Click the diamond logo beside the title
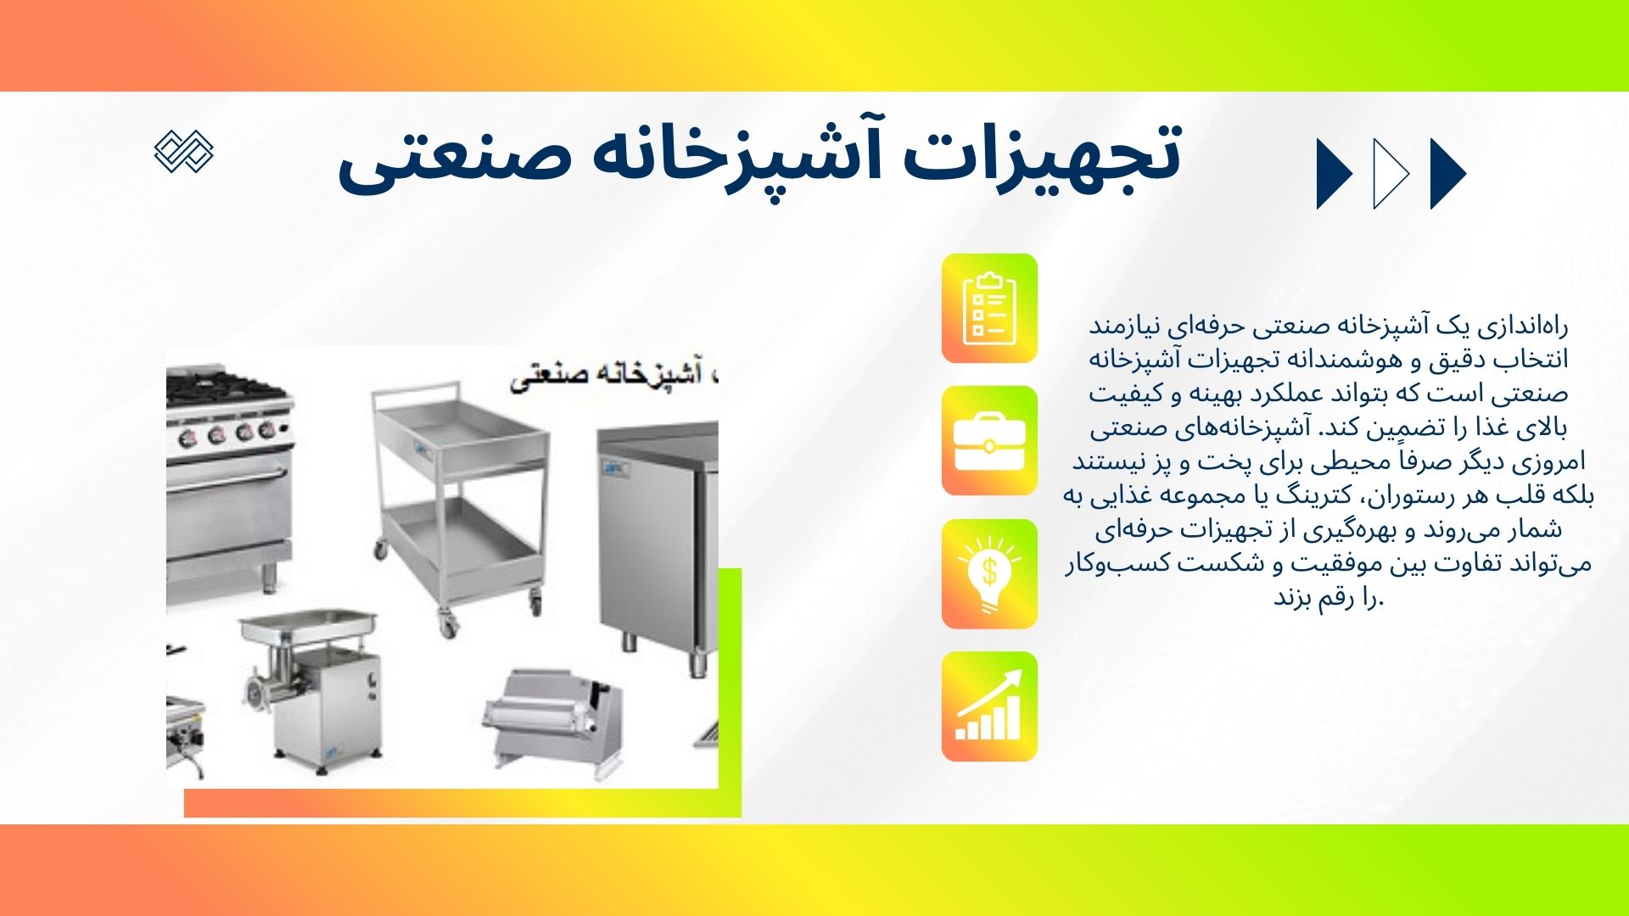184,153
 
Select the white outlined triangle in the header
1390,174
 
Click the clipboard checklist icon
989,309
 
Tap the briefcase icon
989,441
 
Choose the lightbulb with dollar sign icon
989,574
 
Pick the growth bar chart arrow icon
989,706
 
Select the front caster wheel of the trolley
446,626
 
